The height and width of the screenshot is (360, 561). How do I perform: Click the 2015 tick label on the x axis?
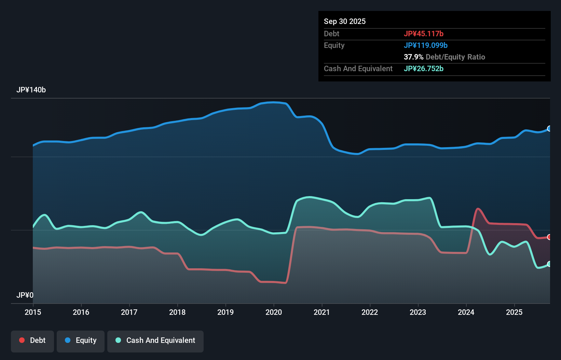click(x=33, y=312)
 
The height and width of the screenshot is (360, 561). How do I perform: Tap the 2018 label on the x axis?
click(x=177, y=312)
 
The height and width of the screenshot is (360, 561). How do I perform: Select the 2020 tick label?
click(x=274, y=312)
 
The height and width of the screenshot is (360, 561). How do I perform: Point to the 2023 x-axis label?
click(x=418, y=312)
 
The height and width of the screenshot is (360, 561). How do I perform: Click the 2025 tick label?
click(x=514, y=312)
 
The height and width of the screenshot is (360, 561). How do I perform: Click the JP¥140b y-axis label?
click(x=31, y=90)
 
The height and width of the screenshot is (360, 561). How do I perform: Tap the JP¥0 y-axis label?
click(x=25, y=295)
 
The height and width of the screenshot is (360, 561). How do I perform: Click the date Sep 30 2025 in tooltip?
click(x=345, y=21)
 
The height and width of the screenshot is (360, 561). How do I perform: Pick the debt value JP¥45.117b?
click(x=424, y=34)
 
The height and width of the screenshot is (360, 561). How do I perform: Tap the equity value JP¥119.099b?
click(x=426, y=45)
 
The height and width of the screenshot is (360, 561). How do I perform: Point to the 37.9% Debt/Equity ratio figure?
click(x=413, y=57)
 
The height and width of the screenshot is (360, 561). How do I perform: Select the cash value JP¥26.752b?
click(x=424, y=68)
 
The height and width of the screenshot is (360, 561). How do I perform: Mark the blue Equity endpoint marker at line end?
click(x=549, y=129)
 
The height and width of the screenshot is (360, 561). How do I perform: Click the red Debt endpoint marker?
click(x=549, y=237)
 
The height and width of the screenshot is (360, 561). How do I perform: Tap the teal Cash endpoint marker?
click(x=549, y=264)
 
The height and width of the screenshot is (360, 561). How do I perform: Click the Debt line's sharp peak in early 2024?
click(x=478, y=208)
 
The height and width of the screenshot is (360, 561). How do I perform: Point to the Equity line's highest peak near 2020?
click(x=273, y=102)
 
